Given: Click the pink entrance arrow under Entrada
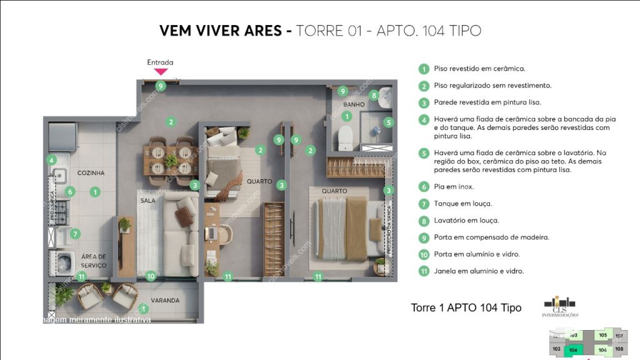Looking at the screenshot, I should (x=161, y=72).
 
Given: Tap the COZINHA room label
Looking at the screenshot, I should (x=91, y=173).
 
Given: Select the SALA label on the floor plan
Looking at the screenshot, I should (x=147, y=201).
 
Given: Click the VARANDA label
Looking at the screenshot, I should (x=165, y=301).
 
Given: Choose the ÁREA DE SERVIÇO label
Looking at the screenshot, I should (x=93, y=261).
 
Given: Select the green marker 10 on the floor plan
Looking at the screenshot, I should (x=150, y=276).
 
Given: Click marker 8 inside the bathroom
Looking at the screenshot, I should (x=374, y=96).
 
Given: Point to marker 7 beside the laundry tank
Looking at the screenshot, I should (x=74, y=234).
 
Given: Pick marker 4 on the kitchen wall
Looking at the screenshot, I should (x=52, y=160).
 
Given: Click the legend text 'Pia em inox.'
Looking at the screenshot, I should (x=454, y=187).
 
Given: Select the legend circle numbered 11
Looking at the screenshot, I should (x=424, y=272).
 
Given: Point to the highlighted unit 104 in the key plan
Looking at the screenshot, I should (x=573, y=351).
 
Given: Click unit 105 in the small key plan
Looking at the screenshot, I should (x=602, y=336).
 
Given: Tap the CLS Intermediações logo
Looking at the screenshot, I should (x=560, y=306).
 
